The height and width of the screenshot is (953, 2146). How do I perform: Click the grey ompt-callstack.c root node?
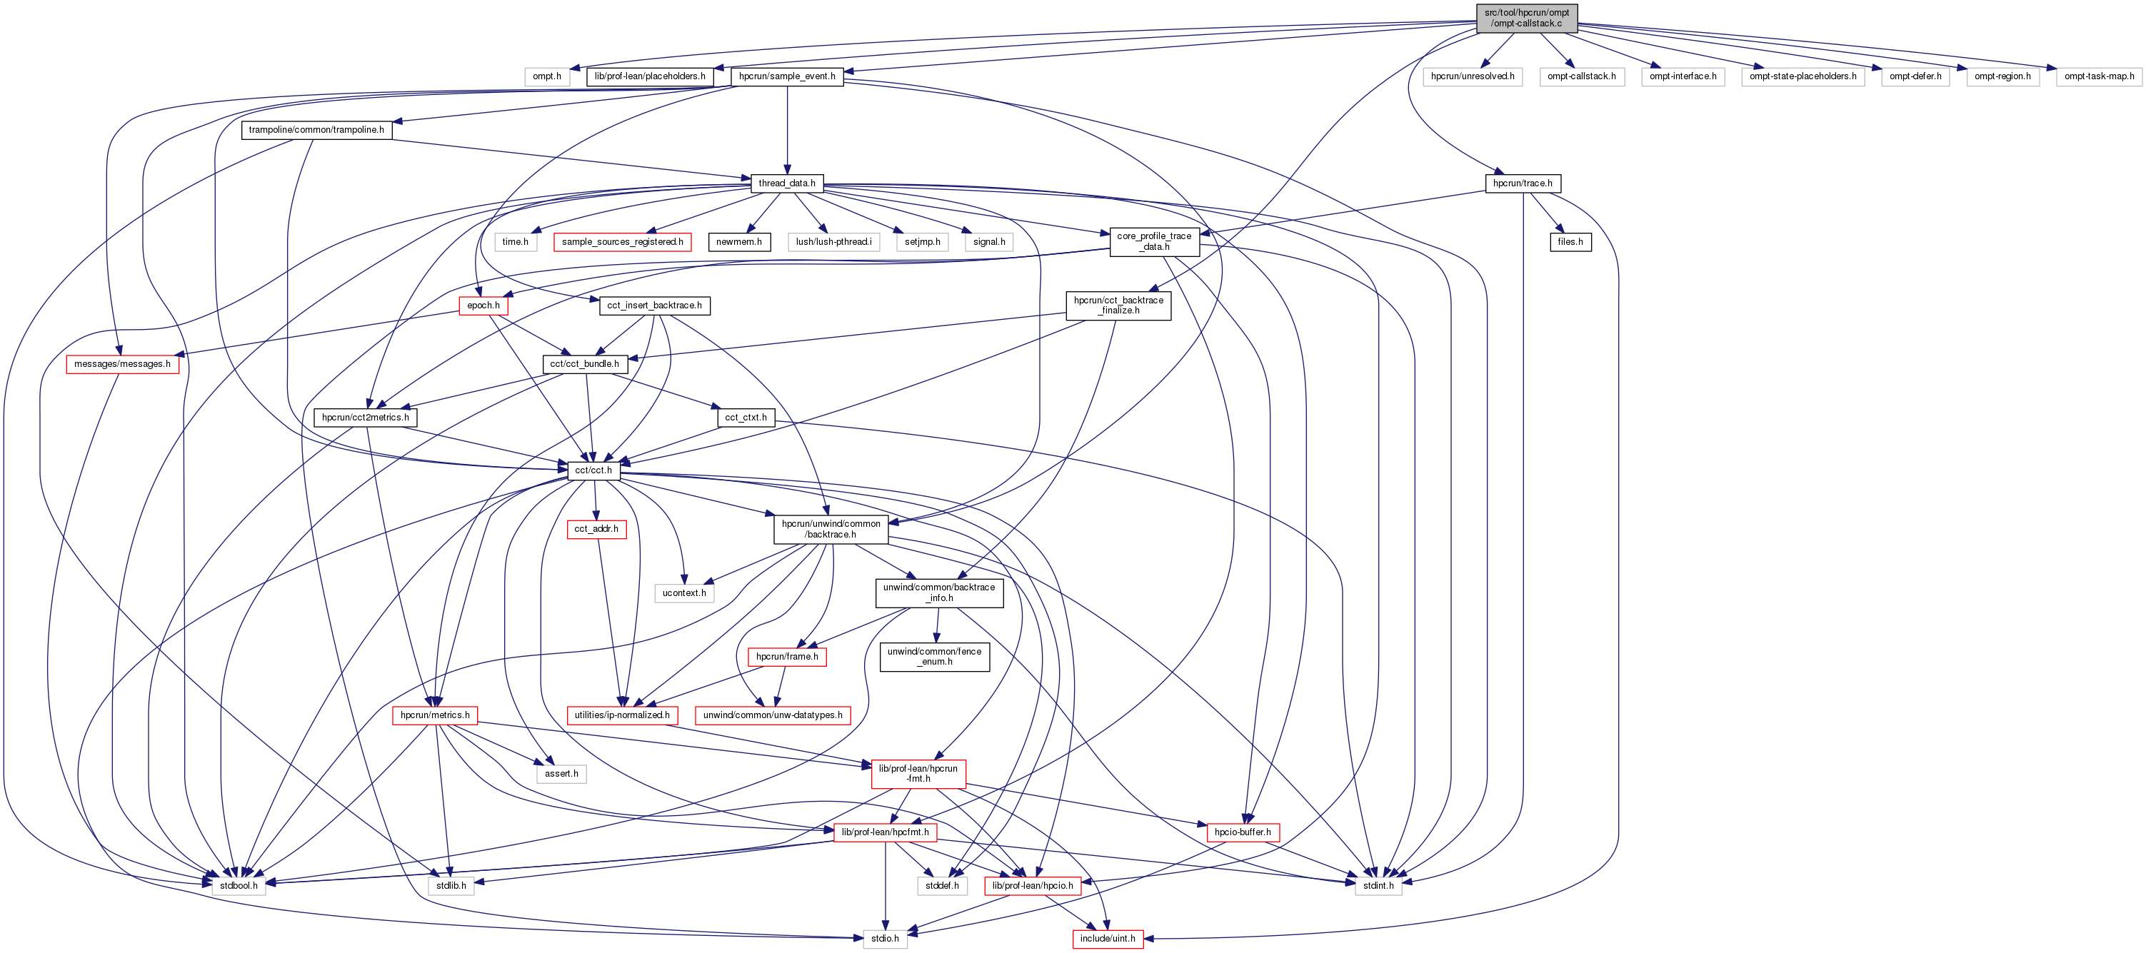click(x=1526, y=19)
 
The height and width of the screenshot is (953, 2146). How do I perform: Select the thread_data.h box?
click(x=786, y=183)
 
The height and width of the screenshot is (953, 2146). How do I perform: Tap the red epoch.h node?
click(x=483, y=306)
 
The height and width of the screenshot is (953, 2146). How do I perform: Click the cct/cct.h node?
click(x=593, y=470)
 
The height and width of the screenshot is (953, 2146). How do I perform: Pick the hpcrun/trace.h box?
click(x=1522, y=183)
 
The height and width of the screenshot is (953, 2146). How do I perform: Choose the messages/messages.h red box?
click(x=122, y=364)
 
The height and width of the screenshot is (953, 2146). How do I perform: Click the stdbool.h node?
click(x=239, y=885)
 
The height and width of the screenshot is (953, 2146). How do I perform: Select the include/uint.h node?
click(x=1107, y=939)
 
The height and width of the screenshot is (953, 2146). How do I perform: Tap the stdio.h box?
click(x=885, y=939)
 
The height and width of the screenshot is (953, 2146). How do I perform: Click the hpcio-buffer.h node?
click(x=1242, y=832)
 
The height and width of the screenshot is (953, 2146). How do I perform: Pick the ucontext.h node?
click(x=684, y=593)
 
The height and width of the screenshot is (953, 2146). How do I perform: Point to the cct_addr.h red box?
click(x=596, y=529)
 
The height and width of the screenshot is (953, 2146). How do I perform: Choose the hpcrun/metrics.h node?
click(x=435, y=715)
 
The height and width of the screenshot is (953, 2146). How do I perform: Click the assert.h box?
click(x=561, y=774)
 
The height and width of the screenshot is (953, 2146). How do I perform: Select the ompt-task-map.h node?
click(x=2099, y=76)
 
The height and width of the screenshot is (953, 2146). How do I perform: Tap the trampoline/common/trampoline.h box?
click(x=316, y=130)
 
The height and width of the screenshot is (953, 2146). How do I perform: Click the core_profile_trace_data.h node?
click(x=1154, y=241)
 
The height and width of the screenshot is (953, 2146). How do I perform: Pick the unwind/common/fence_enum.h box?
click(x=934, y=657)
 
